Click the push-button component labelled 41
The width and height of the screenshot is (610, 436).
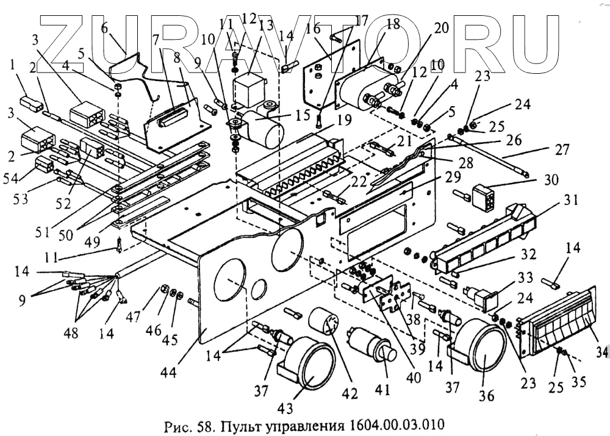(x=371, y=348)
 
